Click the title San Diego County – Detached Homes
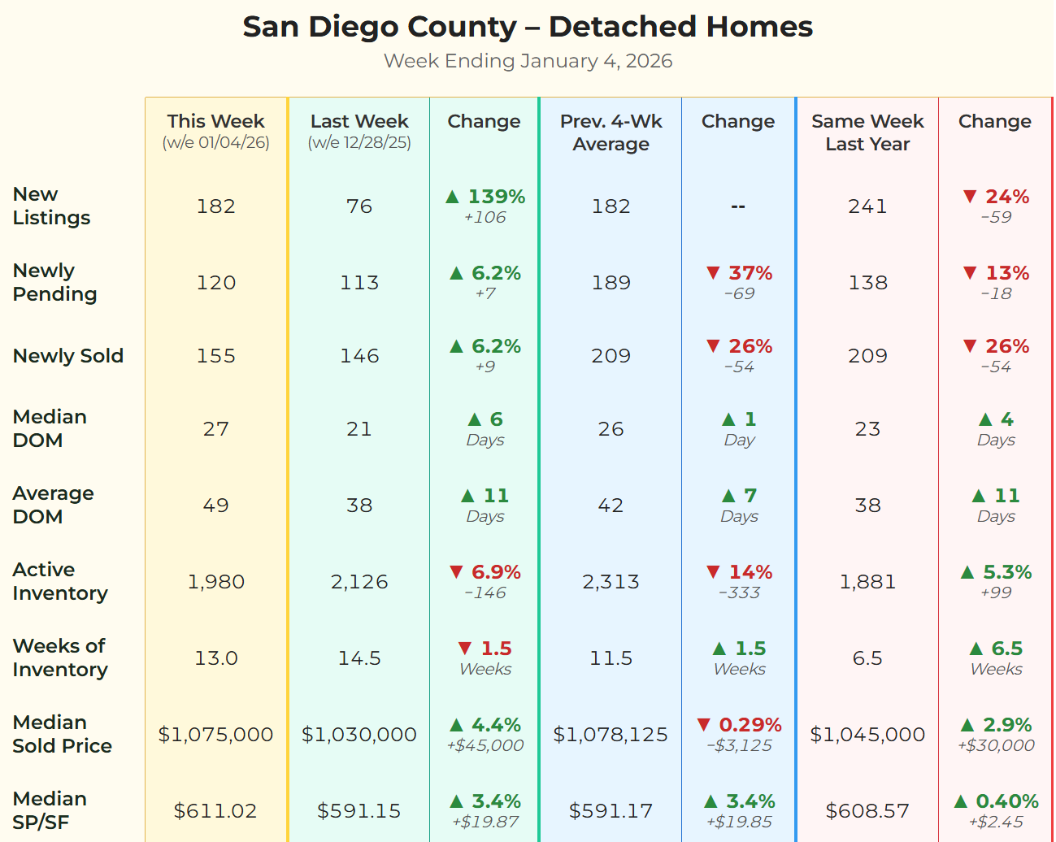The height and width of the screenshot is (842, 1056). point(528,27)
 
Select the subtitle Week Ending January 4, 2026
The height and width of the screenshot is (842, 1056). point(528,61)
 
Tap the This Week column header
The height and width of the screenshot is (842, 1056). point(215,122)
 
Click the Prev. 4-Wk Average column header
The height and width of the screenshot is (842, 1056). point(611,132)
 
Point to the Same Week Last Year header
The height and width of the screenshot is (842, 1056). point(867,132)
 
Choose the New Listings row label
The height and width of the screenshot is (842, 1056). point(51,206)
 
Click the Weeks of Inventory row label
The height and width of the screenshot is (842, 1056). point(59,658)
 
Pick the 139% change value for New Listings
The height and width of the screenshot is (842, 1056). point(496,197)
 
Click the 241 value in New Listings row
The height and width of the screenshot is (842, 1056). point(867,206)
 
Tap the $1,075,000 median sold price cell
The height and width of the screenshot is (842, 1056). point(215,735)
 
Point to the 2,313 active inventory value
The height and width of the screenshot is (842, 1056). point(611,582)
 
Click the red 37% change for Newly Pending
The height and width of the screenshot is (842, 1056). point(750,273)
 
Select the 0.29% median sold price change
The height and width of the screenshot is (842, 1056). point(750,725)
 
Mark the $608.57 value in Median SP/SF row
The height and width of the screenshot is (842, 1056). point(867,811)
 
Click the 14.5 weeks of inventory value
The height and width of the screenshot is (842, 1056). point(359,658)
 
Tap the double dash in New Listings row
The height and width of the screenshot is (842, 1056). point(738,206)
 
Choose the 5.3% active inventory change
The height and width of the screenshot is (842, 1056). point(1006,572)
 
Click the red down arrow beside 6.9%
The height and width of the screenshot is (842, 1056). point(456,572)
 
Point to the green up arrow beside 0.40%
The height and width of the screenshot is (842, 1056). point(961,801)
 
